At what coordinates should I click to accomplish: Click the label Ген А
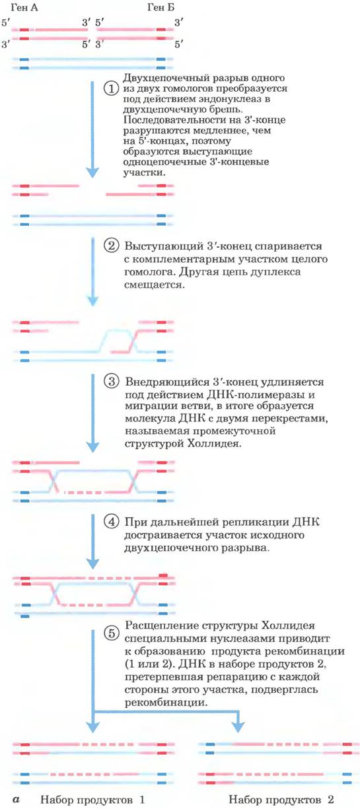tap(24, 7)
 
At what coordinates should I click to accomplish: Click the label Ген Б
tap(161, 7)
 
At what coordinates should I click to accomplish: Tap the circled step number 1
tap(111, 88)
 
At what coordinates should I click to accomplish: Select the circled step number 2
tap(111, 246)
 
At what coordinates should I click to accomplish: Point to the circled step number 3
tap(111, 382)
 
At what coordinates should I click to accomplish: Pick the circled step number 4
tap(111, 522)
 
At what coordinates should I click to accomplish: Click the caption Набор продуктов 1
tap(92, 799)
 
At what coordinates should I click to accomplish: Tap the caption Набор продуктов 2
tap(281, 799)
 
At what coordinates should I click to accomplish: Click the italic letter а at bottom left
tap(16, 800)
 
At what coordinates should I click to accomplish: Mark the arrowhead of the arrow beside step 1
tap(92, 172)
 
